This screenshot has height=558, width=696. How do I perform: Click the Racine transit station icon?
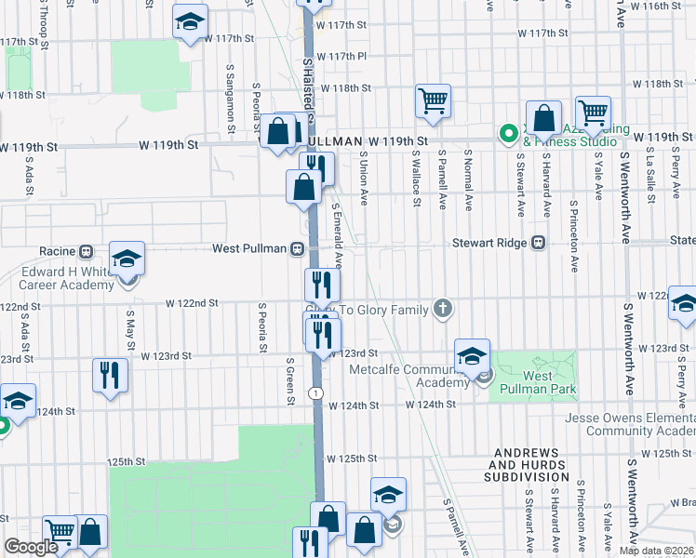point(86,251)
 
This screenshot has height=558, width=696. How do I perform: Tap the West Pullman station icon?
point(298,248)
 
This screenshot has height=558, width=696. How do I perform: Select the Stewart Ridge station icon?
point(538,244)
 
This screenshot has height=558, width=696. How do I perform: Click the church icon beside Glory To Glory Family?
point(443,308)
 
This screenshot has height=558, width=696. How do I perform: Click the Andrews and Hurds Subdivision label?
point(526,464)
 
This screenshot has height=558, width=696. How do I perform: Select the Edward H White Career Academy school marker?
point(127,259)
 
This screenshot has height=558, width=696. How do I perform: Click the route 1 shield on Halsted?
point(317,394)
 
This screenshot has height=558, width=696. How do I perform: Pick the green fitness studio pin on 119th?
point(508,134)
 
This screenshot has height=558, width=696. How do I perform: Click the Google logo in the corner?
point(31,548)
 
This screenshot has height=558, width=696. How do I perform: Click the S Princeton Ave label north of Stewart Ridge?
point(574,236)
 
